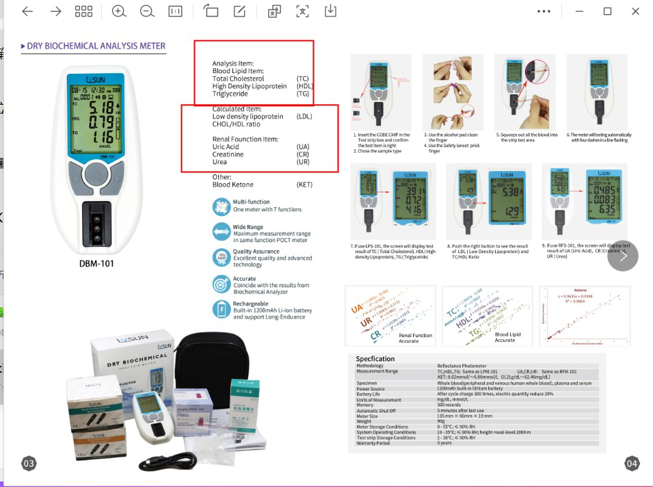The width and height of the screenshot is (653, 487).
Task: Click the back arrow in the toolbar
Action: coord(27,11)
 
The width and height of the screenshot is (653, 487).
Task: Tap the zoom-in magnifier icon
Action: coord(119,11)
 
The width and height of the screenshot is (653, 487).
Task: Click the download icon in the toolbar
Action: coord(330,11)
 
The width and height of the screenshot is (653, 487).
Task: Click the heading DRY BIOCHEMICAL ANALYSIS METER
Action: coord(96,47)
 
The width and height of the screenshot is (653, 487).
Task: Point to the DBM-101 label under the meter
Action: coord(96,263)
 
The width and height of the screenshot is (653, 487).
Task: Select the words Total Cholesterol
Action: coord(238,79)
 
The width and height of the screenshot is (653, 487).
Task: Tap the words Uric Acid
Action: coord(226,147)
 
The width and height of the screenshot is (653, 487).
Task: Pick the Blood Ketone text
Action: coord(232,185)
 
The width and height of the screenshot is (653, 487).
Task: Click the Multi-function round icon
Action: coord(221,206)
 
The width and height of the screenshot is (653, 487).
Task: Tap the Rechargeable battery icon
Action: coord(221,309)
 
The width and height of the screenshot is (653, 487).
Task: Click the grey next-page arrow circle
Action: coord(622,256)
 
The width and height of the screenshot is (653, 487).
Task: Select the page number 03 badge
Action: coord(29,464)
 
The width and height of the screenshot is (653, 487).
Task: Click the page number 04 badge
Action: coord(632,464)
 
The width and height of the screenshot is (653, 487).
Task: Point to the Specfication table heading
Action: coord(375,358)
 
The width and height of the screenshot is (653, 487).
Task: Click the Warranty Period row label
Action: coord(373,443)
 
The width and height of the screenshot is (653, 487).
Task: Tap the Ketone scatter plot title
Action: coord(580,290)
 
